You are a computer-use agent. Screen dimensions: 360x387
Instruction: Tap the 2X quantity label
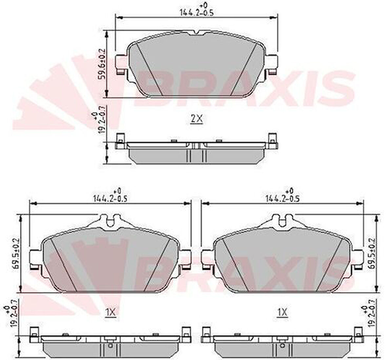(197, 119)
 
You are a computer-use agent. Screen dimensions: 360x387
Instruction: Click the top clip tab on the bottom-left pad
(111, 221)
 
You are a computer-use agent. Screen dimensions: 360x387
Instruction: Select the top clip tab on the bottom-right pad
(282, 221)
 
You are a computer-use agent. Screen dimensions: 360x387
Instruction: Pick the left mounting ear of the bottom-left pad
(34, 259)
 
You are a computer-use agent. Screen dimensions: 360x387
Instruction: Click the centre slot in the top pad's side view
(196, 146)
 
